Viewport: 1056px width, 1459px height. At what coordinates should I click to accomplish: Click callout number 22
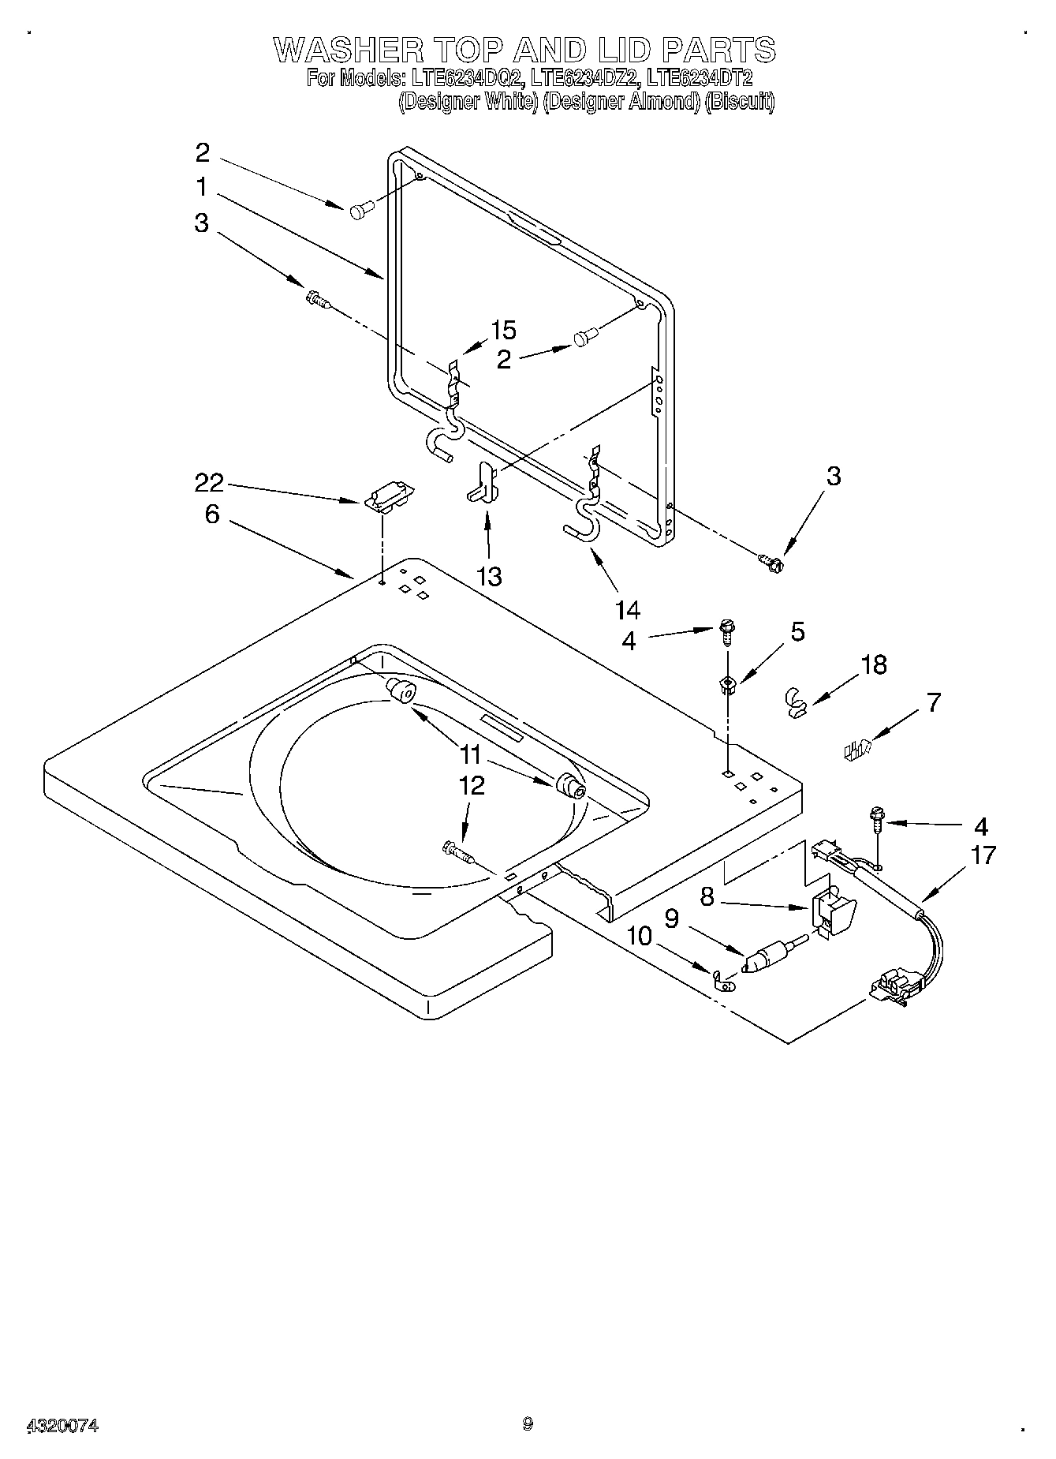209,482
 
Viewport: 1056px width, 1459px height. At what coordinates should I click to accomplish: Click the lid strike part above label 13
483,483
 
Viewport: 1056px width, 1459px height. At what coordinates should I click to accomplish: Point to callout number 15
503,329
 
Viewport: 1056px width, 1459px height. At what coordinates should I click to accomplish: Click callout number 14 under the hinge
628,609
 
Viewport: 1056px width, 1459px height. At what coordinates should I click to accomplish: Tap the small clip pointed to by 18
797,701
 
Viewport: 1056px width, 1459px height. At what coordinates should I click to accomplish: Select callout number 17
983,855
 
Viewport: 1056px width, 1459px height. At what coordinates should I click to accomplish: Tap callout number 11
470,754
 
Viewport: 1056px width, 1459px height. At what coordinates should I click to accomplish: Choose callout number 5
797,631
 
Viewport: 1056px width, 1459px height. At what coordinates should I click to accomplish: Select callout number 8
707,897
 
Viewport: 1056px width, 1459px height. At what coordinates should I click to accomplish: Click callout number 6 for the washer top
211,514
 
